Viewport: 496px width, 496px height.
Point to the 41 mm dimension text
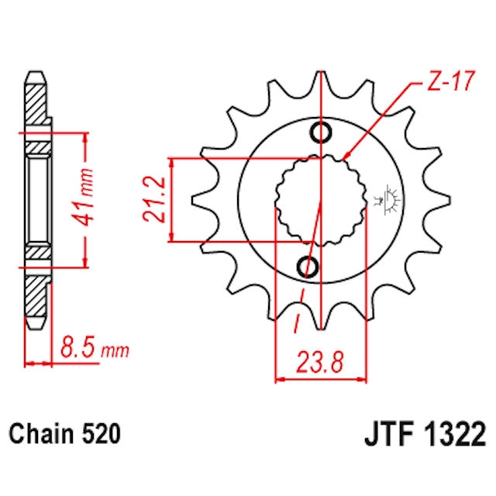pyautogui.click(x=86, y=199)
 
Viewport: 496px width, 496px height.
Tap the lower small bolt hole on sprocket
pyautogui.click(x=308, y=267)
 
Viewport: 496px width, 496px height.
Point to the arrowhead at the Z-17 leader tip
pyautogui.click(x=344, y=158)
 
